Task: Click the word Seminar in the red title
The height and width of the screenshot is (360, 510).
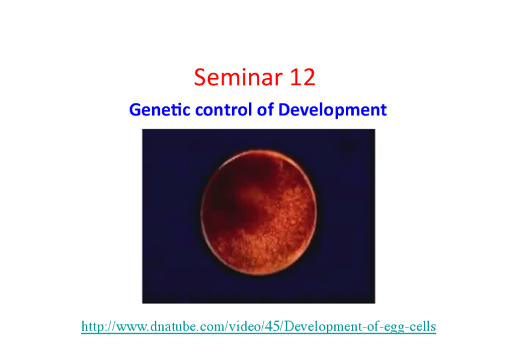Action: click(238, 78)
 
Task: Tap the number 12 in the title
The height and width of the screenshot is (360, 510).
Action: click(303, 78)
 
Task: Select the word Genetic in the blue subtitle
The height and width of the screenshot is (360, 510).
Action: click(160, 109)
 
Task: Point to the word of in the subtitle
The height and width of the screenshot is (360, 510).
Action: click(265, 109)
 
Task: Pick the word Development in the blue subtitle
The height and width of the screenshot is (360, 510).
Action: click(333, 110)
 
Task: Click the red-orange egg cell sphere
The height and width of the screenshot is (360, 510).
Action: click(259, 212)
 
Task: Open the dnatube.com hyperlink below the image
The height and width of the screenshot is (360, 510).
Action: click(259, 326)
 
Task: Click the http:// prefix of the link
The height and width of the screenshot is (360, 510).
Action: click(99, 326)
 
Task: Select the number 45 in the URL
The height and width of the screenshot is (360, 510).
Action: click(272, 326)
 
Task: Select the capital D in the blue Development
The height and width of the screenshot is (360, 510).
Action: click(284, 110)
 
